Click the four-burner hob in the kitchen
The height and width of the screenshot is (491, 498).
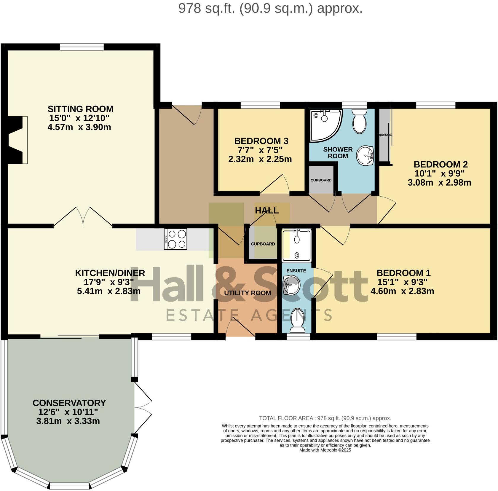click(175, 239)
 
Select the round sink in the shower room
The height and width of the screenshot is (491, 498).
click(365, 155)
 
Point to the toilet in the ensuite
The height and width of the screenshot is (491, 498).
click(297, 321)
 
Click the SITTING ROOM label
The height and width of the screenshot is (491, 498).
click(80, 109)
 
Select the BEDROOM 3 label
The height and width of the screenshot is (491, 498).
click(261, 141)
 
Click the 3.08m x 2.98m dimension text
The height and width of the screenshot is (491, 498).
click(439, 183)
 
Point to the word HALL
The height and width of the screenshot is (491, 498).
click(266, 211)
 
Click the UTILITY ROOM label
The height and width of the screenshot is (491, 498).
click(247, 293)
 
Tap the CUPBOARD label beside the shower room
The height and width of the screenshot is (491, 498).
click(321, 180)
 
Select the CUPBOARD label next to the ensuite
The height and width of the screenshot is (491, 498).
click(263, 244)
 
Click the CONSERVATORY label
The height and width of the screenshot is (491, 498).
click(69, 403)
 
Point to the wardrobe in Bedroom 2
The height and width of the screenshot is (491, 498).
click(385, 135)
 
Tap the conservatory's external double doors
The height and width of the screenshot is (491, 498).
click(143, 407)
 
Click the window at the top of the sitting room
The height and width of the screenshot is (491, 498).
click(82, 47)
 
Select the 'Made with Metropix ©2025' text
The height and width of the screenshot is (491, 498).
click(325, 450)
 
